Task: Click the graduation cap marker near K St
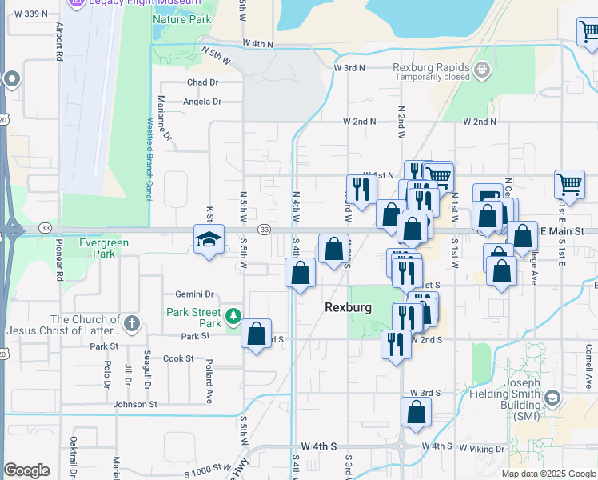(209, 240)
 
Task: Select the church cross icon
(132, 325)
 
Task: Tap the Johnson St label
(135, 405)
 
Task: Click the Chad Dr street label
(202, 82)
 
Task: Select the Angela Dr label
(201, 102)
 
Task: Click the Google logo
(26, 470)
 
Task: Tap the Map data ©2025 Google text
(548, 474)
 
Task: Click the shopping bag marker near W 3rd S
(416, 413)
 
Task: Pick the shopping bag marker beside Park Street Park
(257, 335)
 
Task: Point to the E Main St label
(564, 231)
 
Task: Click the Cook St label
(178, 358)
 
